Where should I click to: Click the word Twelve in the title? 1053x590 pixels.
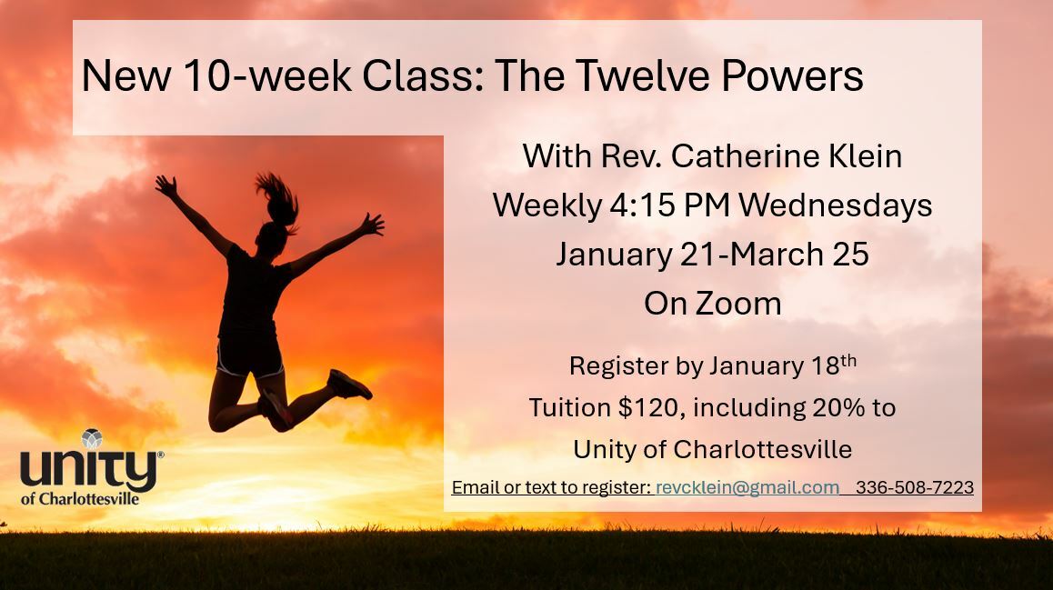pyautogui.click(x=644, y=75)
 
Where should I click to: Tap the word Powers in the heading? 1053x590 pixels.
pyautogui.click(x=792, y=75)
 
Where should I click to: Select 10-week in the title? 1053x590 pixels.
pyautogui.click(x=266, y=75)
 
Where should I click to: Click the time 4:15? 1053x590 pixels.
pyautogui.click(x=642, y=205)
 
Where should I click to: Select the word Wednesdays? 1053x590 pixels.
pyautogui.click(x=836, y=205)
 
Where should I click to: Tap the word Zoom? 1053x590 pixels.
pyautogui.click(x=738, y=304)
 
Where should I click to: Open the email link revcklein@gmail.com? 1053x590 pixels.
pyautogui.click(x=747, y=487)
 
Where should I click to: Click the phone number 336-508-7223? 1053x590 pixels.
pyautogui.click(x=915, y=487)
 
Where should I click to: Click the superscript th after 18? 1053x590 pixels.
pyautogui.click(x=848, y=360)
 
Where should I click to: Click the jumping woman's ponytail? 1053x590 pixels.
pyautogui.click(x=278, y=199)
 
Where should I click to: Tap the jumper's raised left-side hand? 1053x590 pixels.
pyautogui.click(x=165, y=185)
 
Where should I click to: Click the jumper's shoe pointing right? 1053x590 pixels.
pyautogui.click(x=348, y=385)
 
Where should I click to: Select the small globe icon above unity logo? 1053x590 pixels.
pyautogui.click(x=92, y=439)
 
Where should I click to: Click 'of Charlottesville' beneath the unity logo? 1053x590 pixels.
pyautogui.click(x=80, y=499)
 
